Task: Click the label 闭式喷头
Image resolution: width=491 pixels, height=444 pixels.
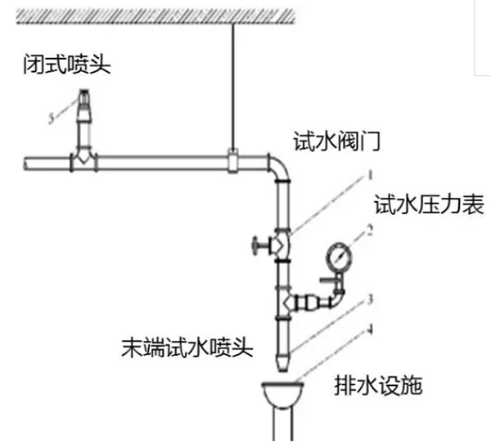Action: [65, 65]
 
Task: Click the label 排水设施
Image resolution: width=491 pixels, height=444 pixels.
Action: [379, 384]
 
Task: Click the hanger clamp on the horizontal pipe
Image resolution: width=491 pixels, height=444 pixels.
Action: [232, 160]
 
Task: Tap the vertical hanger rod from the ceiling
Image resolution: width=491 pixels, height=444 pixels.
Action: [232, 82]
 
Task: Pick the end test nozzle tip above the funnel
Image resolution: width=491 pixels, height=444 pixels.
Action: [282, 358]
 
